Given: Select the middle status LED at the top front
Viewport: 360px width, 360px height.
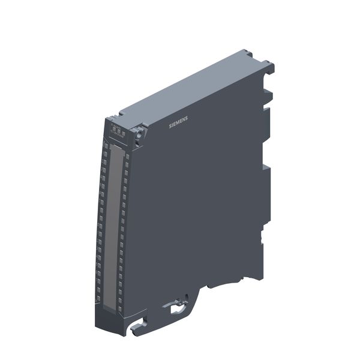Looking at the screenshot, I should [119, 131].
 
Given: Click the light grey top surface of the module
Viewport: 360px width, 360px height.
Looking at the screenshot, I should [192, 90].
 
